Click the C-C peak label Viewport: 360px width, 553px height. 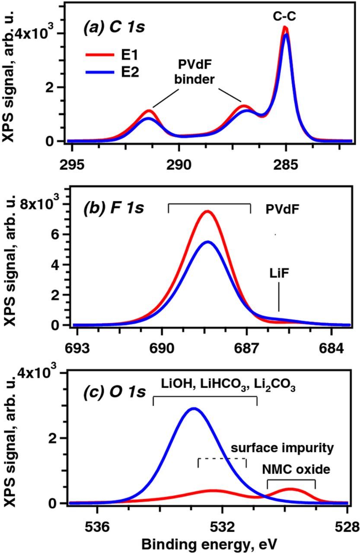pos(285,16)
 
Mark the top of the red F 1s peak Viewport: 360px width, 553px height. pos(208,211)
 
